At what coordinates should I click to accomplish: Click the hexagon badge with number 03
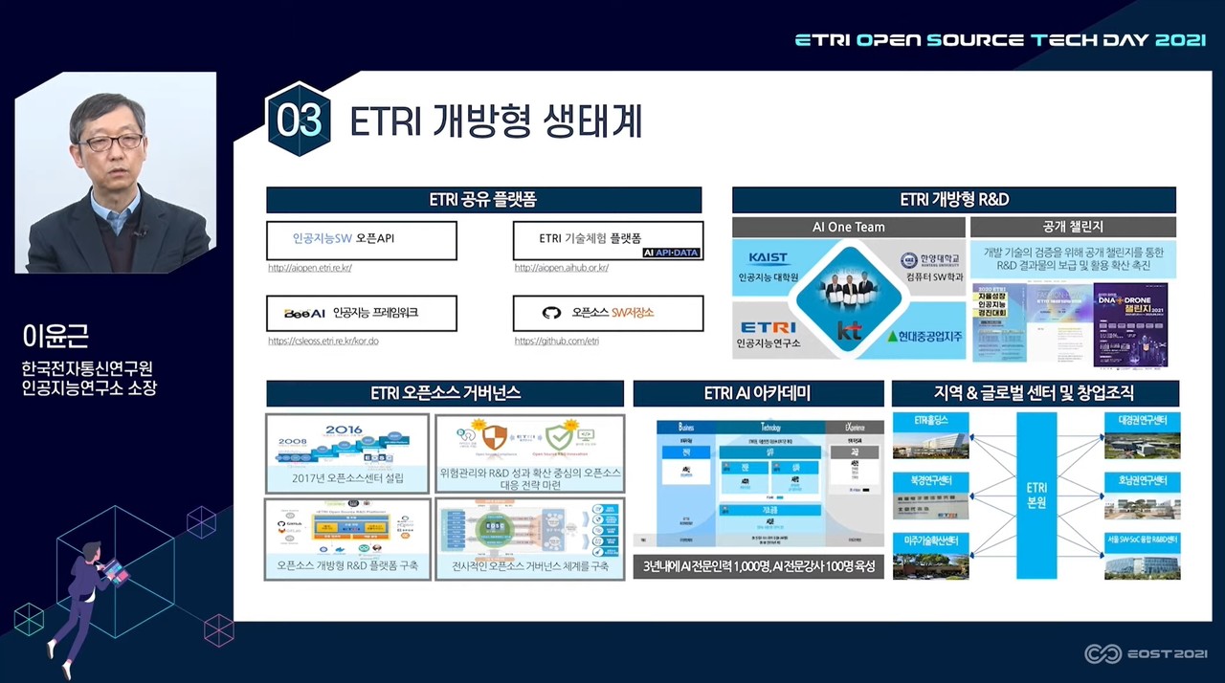(x=299, y=121)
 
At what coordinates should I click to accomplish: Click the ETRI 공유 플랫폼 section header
(x=483, y=200)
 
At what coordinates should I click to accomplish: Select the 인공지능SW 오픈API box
(x=362, y=239)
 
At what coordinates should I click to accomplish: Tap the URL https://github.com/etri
(x=556, y=341)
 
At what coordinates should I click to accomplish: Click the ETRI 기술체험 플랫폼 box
(x=608, y=239)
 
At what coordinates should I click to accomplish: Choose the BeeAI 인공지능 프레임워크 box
(x=362, y=313)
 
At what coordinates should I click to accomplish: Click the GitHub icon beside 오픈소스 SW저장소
(x=551, y=313)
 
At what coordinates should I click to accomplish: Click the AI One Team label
(x=848, y=228)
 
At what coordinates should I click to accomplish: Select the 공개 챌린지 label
(x=1073, y=228)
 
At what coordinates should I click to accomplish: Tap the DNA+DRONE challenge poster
(x=1130, y=323)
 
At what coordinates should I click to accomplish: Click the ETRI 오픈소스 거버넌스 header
(x=445, y=393)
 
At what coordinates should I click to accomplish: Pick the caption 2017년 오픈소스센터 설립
(x=347, y=478)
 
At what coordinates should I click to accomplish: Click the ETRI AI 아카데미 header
(x=758, y=393)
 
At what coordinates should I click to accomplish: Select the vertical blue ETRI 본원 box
(x=1036, y=495)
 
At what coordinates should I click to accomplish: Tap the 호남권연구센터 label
(x=1142, y=480)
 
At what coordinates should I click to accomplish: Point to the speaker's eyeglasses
(x=110, y=143)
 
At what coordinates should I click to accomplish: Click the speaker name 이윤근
(x=56, y=338)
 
